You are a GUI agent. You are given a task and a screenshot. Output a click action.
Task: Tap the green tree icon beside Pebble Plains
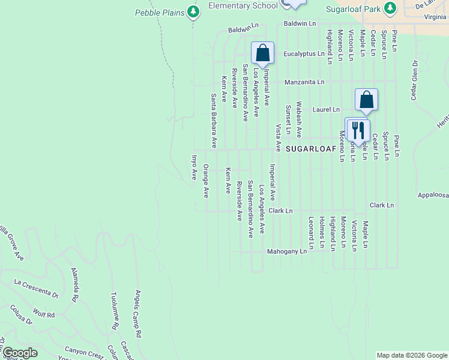coord(193,11)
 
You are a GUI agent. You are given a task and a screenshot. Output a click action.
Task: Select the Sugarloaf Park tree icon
coord(391,8)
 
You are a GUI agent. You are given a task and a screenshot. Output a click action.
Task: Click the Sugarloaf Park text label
coord(354,9)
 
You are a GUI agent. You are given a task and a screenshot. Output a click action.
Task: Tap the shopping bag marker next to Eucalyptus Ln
coord(262,53)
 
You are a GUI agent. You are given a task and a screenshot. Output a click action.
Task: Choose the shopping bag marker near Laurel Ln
coord(366,100)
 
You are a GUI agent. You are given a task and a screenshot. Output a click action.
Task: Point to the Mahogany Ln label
coord(287,251)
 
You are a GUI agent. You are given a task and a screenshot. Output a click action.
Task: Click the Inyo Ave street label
coord(194,167)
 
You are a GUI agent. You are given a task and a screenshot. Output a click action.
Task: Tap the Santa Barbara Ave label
coord(213,121)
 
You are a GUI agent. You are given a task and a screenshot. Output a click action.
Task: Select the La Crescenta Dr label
coord(36,288)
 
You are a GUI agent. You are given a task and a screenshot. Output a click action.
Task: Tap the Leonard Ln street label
coord(311,233)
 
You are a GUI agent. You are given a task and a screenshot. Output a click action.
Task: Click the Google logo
coord(20,353)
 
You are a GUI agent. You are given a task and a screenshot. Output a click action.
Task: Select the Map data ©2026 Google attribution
coord(412,355)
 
